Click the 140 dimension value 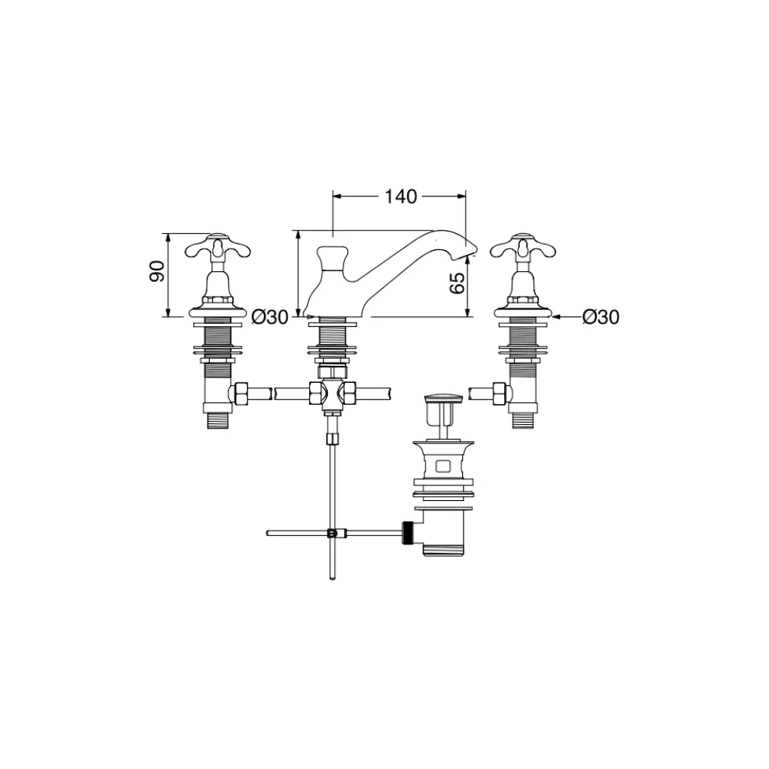point(400,197)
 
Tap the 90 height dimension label point(157,271)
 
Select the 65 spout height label point(457,283)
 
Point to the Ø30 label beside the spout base point(270,318)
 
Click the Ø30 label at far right point(600,317)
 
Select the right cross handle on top point(524,247)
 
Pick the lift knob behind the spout point(332,258)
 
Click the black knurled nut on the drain point(408,533)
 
